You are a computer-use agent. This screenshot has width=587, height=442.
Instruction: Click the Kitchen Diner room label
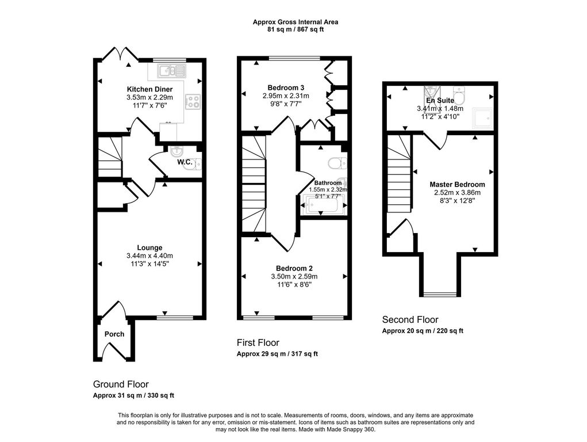coord(149,89)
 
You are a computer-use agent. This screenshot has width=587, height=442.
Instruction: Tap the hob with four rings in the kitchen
coord(193,101)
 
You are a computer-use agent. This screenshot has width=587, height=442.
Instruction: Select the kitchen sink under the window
coord(172,70)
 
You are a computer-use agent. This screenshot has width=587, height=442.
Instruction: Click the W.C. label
coord(185,162)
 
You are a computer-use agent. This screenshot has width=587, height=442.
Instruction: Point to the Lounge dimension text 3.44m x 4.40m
coord(149,256)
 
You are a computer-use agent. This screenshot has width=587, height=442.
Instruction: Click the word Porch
coord(114,334)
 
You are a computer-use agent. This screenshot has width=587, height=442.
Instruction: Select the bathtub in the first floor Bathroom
coord(323,206)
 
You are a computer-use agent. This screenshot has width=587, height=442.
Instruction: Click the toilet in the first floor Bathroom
coord(337,163)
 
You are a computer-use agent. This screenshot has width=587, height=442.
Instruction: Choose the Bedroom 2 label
coord(294,268)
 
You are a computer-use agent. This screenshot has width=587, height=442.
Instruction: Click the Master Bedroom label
coord(457,184)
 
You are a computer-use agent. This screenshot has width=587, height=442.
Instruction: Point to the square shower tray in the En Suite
coord(483,118)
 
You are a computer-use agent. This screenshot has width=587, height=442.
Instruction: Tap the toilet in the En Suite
coord(459,94)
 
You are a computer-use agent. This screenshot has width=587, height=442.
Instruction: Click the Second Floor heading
coord(410,320)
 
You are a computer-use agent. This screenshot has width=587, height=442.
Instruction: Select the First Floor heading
coord(258,342)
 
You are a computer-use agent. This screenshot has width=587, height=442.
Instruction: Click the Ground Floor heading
coord(121,384)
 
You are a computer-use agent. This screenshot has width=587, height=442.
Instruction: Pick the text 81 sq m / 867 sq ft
coord(296,29)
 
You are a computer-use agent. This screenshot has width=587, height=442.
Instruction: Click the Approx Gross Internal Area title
coord(296,22)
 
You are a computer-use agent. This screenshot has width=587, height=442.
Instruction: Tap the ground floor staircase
coord(110,157)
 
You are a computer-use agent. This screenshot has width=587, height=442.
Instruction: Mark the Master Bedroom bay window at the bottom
coord(440,294)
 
